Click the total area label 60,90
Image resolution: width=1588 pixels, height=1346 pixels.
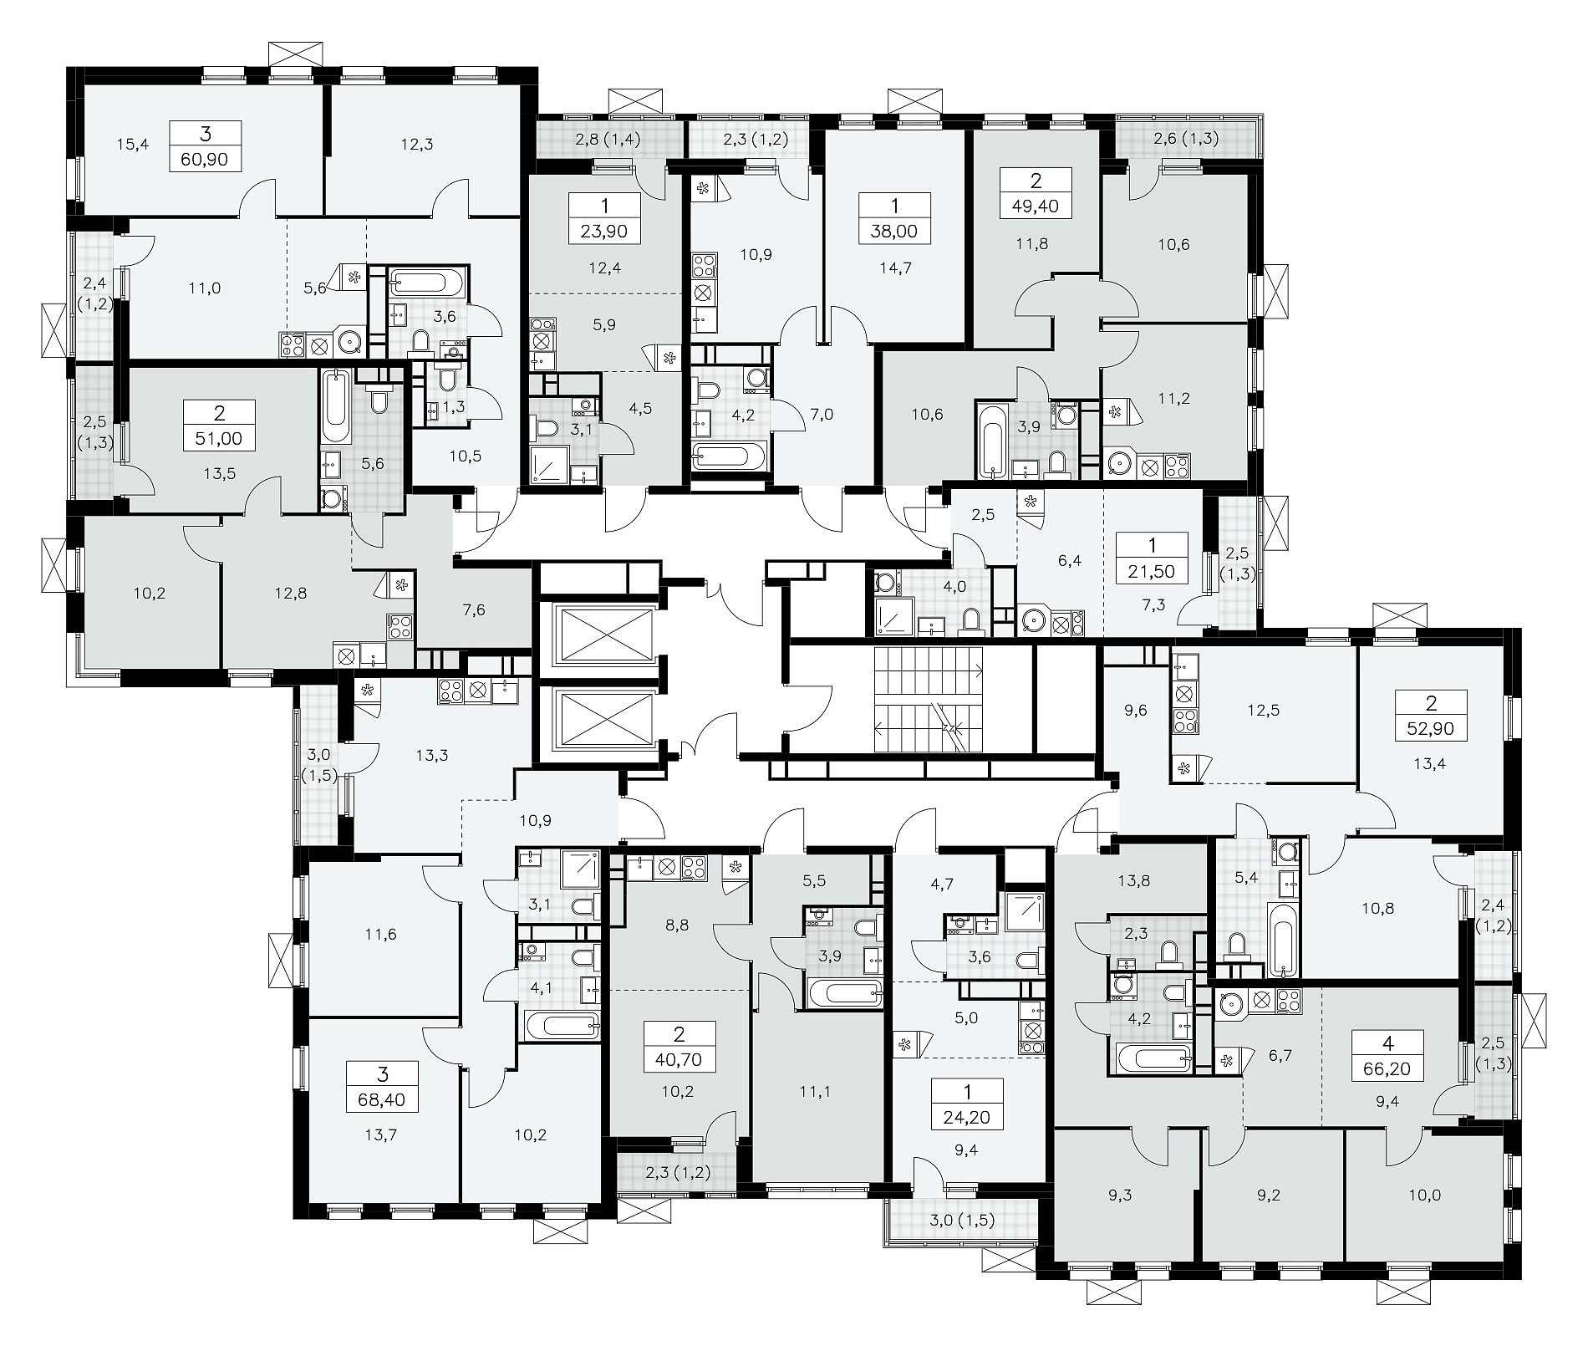pyautogui.click(x=205, y=145)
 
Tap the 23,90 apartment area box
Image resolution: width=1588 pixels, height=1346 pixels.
pyautogui.click(x=604, y=218)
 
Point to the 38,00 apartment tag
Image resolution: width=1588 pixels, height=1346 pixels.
pyautogui.click(x=894, y=218)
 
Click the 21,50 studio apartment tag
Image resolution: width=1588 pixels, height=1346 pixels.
pyautogui.click(x=1152, y=558)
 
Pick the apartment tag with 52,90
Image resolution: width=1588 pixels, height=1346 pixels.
pyautogui.click(x=1430, y=715)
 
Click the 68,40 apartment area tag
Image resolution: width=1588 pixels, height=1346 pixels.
pyautogui.click(x=383, y=1087)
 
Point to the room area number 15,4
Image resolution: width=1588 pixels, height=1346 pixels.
pyautogui.click(x=132, y=145)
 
